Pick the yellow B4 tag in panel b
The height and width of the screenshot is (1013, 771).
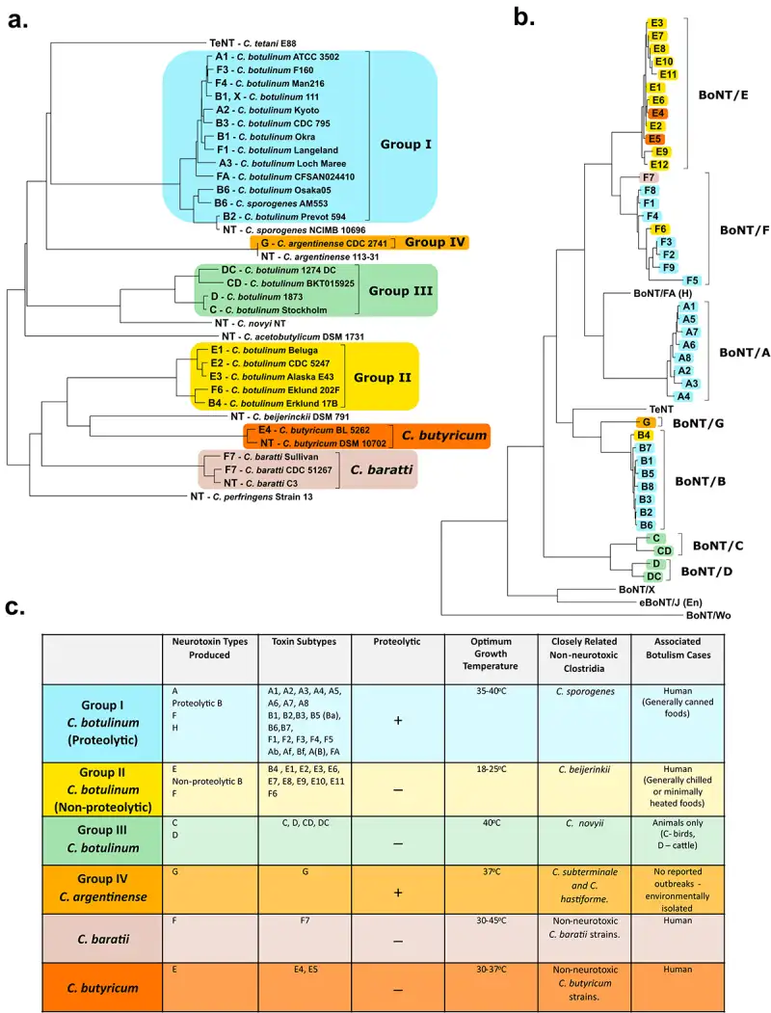pos(645,437)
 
